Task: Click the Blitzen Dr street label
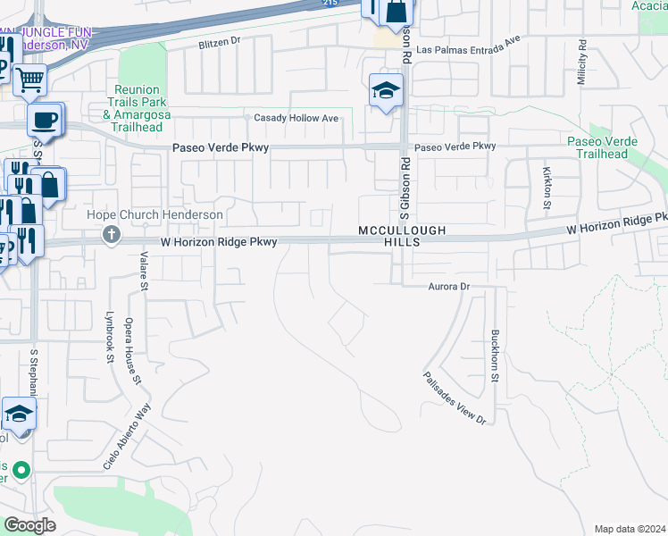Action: point(220,41)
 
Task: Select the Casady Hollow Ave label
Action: point(296,118)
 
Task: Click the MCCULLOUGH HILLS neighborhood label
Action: point(402,236)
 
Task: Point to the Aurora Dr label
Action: point(449,287)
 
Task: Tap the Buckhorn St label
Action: point(495,356)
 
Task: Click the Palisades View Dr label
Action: point(455,398)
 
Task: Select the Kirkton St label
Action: point(547,187)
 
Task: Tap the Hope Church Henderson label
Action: point(154,215)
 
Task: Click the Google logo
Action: point(29,524)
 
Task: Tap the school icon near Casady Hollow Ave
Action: point(386,90)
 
